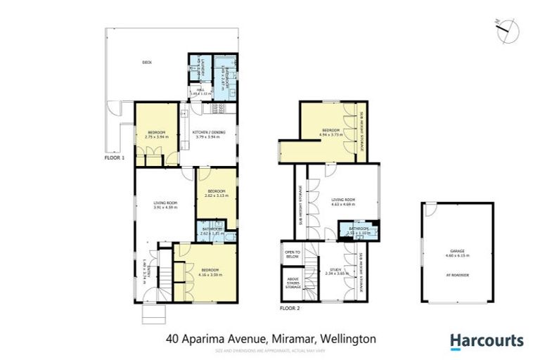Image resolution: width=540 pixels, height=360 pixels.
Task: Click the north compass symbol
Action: tap(505, 30)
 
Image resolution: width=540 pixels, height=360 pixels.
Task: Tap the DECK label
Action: tap(147, 63)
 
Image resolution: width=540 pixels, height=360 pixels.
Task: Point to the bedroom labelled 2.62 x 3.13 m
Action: tap(216, 193)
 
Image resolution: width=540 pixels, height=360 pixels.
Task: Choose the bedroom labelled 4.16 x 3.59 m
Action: tap(210, 272)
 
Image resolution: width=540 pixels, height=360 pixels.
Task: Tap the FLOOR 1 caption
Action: tap(113, 159)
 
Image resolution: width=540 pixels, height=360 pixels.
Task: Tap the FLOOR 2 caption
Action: tap(290, 308)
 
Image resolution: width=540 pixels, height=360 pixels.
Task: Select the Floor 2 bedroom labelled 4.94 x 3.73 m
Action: tap(331, 132)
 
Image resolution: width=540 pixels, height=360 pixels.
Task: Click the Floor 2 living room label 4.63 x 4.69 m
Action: tap(343, 202)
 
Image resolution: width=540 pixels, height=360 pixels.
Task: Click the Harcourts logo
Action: tap(487, 341)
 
